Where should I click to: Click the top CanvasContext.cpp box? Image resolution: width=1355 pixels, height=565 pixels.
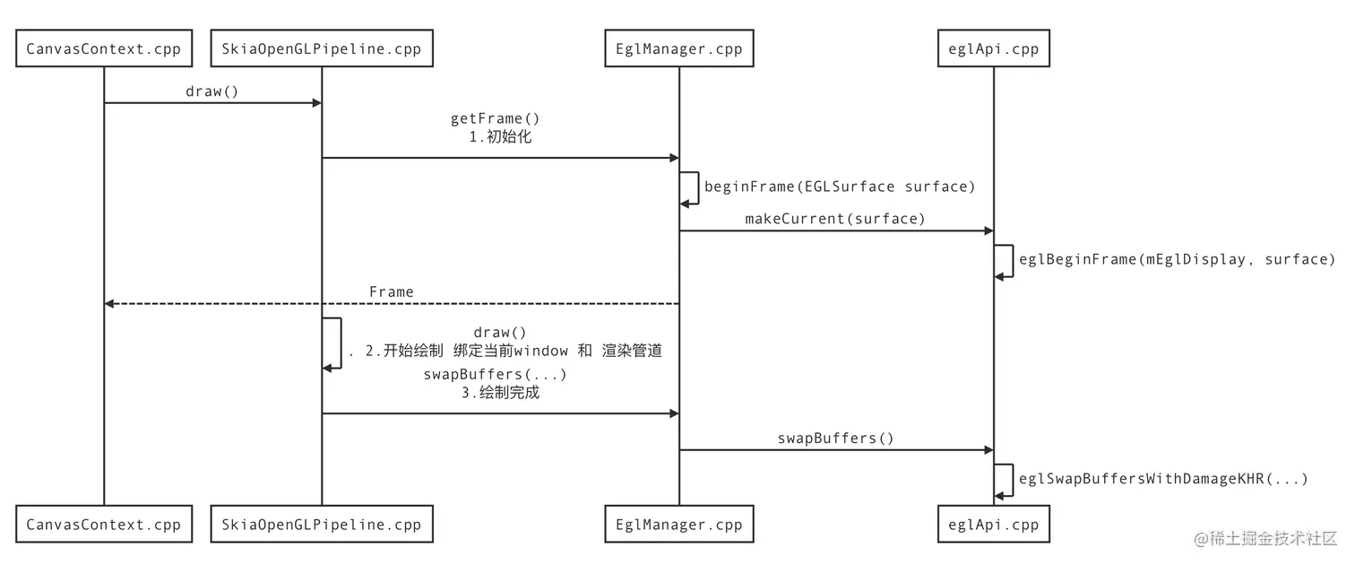pyautogui.click(x=104, y=49)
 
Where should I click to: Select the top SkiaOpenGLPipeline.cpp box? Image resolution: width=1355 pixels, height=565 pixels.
pyautogui.click(x=322, y=49)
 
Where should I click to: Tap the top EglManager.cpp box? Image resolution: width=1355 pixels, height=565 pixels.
pyautogui.click(x=678, y=49)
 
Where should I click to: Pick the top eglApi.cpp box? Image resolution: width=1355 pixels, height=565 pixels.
pyautogui.click(x=993, y=49)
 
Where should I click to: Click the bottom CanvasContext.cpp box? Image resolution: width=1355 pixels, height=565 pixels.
pyautogui.click(x=104, y=525)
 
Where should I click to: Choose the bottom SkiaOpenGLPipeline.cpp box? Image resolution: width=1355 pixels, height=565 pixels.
pyautogui.click(x=322, y=525)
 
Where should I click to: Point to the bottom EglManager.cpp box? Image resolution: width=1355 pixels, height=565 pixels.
pyautogui.click(x=678, y=525)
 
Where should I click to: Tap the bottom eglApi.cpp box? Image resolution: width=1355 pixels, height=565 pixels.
pyautogui.click(x=993, y=525)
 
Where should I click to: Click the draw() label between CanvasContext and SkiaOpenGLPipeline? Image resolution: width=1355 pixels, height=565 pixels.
pyautogui.click(x=212, y=91)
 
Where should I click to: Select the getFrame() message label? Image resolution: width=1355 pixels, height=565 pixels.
pyautogui.click(x=495, y=118)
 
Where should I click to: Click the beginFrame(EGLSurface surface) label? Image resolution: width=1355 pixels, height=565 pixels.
pyautogui.click(x=840, y=187)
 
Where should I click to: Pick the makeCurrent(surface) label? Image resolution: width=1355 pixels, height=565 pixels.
pyautogui.click(x=834, y=219)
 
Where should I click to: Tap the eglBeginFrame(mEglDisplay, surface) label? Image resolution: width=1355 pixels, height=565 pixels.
pyautogui.click(x=1177, y=259)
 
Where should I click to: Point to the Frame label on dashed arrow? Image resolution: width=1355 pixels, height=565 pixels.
pyautogui.click(x=392, y=292)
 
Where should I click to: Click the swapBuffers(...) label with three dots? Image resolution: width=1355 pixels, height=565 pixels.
pyautogui.click(x=495, y=374)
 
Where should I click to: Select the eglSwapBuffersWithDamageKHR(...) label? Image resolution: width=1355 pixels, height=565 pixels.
pyautogui.click(x=1163, y=479)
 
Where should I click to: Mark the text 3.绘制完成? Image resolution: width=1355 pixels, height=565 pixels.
pyautogui.click(x=500, y=392)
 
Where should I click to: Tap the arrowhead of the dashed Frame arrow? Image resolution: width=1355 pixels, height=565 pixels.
pyautogui.click(x=109, y=304)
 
